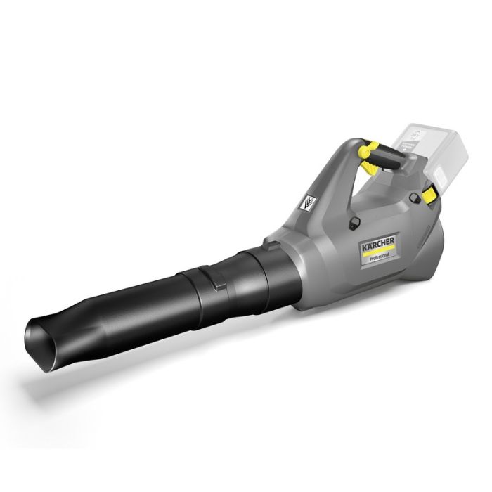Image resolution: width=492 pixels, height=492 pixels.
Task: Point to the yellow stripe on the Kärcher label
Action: coord(377,257)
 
